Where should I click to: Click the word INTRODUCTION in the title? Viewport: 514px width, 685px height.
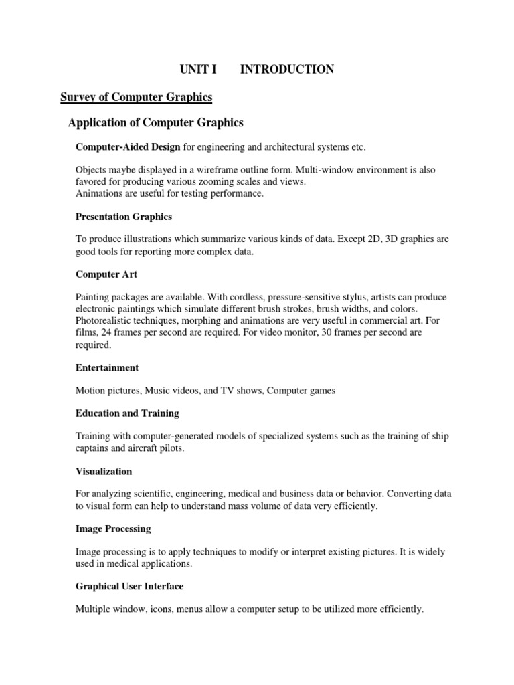pyautogui.click(x=287, y=70)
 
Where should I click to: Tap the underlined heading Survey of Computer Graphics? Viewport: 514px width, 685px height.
pyautogui.click(x=136, y=98)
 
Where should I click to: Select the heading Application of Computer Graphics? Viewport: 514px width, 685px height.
pyautogui.click(x=156, y=123)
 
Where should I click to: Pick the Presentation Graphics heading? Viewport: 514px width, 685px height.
pyautogui.click(x=124, y=217)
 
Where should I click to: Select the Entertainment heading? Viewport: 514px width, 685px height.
pyautogui.click(x=107, y=367)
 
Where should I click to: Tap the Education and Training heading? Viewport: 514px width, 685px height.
pyautogui.click(x=127, y=413)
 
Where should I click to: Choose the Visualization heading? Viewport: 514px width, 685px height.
pyautogui.click(x=104, y=472)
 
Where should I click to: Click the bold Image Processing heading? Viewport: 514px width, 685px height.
pyautogui.click(x=113, y=529)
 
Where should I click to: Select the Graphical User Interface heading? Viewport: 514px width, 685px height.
pyautogui.click(x=129, y=586)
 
